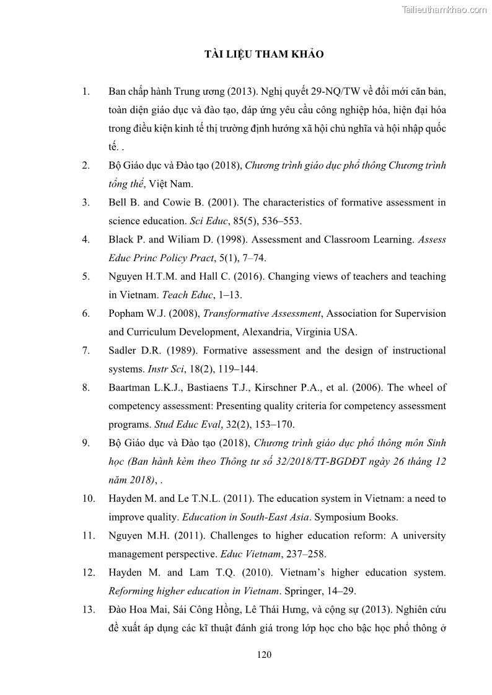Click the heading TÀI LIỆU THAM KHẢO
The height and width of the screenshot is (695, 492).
coord(264,54)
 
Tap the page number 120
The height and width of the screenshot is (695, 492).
coord(264,655)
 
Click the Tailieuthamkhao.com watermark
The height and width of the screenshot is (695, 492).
coord(444,9)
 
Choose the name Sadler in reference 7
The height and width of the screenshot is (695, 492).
coord(123,351)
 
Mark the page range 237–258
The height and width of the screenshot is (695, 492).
coord(303,554)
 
